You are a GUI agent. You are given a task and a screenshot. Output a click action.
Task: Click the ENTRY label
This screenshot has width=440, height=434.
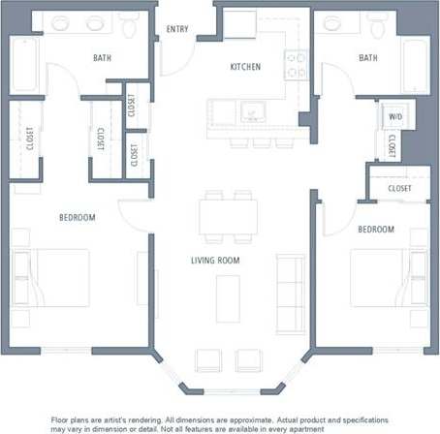[177, 29]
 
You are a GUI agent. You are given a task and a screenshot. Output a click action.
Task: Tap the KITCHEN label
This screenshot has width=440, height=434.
[245, 67]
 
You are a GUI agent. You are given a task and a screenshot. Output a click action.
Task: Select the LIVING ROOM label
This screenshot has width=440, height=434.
[215, 261]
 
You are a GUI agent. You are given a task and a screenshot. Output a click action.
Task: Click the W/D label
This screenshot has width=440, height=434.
[394, 116]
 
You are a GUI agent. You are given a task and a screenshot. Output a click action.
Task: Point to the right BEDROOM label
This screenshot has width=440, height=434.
[376, 230]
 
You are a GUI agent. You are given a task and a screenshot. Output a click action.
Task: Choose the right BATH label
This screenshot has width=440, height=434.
[368, 58]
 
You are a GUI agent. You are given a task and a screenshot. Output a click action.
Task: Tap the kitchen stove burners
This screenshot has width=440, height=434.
[296, 65]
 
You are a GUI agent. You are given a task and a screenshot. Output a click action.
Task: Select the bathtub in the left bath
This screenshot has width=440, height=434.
[23, 65]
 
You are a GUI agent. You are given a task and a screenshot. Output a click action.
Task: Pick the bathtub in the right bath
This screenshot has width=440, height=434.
[416, 64]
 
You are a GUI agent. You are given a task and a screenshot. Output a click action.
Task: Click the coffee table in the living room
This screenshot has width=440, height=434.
[228, 294]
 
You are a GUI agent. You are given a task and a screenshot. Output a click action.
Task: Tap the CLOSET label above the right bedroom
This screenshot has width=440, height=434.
[399, 188]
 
